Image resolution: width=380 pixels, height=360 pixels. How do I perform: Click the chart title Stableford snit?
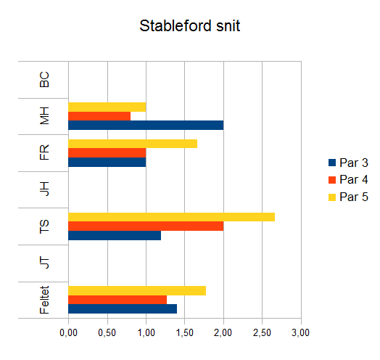[x=190, y=25]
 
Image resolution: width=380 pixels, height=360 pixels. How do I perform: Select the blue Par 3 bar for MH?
[x=146, y=125]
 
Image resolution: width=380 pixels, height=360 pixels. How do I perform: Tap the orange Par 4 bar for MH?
[x=99, y=116]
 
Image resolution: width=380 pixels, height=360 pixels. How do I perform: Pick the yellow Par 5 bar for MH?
[x=107, y=107]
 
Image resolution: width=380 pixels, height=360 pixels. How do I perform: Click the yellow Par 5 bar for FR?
[x=133, y=144]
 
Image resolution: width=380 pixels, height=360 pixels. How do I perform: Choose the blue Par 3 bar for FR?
[x=107, y=162]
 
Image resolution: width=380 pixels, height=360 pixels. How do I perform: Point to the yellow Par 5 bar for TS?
[x=172, y=217]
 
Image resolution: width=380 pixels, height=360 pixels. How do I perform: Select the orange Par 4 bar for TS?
[x=146, y=226]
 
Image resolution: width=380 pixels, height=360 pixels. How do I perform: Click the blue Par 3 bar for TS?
[x=115, y=235]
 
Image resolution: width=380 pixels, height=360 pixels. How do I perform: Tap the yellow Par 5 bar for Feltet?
[x=137, y=290]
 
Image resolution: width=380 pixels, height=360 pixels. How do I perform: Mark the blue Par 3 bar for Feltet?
[x=123, y=308]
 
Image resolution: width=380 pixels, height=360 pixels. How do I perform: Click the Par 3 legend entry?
[x=348, y=163]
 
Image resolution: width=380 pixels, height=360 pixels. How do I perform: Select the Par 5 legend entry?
[x=348, y=197]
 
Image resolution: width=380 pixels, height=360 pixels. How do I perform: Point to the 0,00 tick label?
[x=69, y=332]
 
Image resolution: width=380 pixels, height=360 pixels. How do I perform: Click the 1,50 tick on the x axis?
[x=185, y=332]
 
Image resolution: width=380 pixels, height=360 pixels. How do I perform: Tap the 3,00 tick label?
[x=301, y=332]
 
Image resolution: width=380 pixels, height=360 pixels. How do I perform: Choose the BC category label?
[x=44, y=80]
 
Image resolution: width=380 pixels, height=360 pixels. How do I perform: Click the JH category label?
[x=44, y=189]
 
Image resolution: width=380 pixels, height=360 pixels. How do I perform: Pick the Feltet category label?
[x=44, y=300]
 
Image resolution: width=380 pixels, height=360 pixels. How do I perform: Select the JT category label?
[x=44, y=263]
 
